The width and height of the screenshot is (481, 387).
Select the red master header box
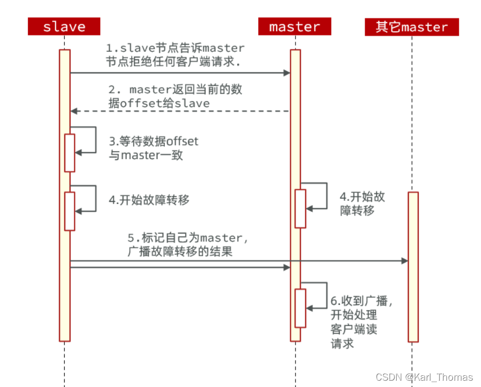[295, 26]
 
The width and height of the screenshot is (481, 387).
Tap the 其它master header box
[411, 26]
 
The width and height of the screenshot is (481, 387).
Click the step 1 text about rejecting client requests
[174, 55]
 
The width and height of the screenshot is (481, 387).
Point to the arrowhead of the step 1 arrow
[287, 73]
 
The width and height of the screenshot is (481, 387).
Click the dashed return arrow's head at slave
[74, 111]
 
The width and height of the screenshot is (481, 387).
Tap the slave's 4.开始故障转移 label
[149, 200]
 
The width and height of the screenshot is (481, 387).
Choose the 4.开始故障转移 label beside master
[362, 204]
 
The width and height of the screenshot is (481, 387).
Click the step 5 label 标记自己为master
[188, 244]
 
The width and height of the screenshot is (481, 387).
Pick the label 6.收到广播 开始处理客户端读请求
[362, 322]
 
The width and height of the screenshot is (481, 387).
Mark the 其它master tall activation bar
[413, 266]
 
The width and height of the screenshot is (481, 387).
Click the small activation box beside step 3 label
[70, 152]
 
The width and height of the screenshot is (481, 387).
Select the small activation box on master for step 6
[300, 308]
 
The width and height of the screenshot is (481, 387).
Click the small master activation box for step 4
[300, 208]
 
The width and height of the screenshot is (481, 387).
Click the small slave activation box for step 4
[70, 211]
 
